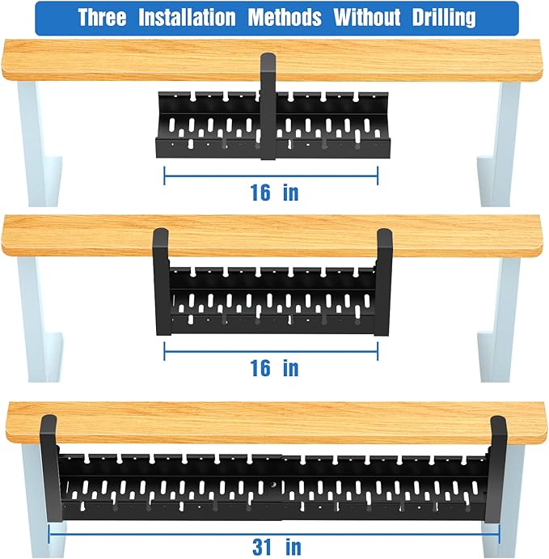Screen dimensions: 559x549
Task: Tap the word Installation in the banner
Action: tap(188, 18)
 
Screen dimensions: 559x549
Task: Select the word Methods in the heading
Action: tap(285, 18)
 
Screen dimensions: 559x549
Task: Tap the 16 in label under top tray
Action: tap(274, 193)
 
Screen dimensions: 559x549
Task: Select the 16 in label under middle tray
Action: tap(274, 368)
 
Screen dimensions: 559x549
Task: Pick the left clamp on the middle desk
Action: tap(160, 279)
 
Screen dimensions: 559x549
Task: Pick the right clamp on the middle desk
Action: tap(384, 279)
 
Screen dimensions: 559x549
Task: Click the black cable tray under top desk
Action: tap(210, 125)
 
